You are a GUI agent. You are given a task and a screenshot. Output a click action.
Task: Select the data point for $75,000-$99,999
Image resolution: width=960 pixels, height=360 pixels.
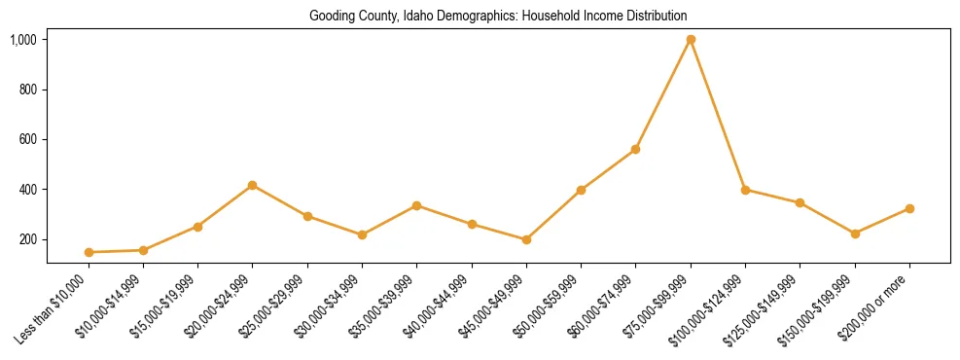click(691, 40)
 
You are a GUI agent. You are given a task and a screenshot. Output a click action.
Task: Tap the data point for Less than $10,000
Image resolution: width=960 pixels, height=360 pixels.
click(89, 252)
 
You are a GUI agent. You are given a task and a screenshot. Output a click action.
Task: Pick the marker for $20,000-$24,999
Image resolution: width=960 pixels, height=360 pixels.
click(253, 185)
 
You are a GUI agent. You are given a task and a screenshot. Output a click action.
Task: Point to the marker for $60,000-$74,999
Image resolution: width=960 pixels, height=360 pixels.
click(635, 149)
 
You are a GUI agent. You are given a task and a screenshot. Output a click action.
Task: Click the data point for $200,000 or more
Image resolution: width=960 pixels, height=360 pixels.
click(909, 208)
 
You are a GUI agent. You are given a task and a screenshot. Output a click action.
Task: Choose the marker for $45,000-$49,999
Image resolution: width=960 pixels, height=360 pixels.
click(526, 239)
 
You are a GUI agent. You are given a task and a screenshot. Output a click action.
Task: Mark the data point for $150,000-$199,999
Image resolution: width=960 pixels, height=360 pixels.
click(855, 234)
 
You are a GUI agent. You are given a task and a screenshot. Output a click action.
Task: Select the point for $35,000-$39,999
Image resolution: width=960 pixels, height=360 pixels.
click(416, 205)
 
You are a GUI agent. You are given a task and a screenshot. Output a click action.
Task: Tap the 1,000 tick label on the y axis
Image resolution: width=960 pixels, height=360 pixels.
click(23, 40)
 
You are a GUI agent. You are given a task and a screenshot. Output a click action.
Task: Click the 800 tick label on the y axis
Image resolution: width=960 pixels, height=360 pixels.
click(27, 90)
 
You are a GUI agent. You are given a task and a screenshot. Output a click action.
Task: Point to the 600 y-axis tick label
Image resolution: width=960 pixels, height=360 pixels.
click(27, 139)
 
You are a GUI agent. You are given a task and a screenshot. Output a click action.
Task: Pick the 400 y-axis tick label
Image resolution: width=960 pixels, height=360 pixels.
click(27, 190)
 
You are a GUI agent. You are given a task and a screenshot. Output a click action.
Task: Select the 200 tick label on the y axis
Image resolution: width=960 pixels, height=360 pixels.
click(27, 239)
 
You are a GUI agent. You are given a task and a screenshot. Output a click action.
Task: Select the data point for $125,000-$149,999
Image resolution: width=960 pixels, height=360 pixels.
click(800, 202)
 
